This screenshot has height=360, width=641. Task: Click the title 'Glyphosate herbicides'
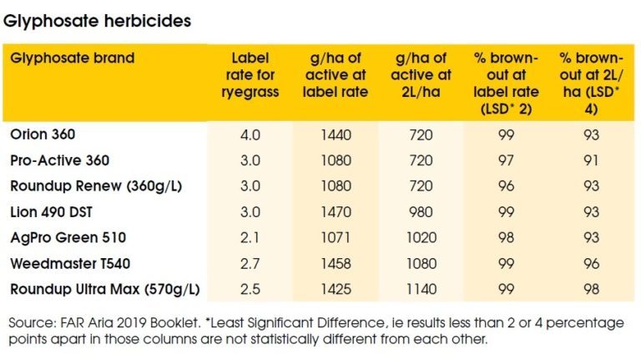pos(98,21)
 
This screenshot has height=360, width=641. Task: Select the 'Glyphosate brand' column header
pos(72,58)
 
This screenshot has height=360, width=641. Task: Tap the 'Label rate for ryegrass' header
pos(250,74)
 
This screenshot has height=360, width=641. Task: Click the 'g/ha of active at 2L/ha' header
pos(423,74)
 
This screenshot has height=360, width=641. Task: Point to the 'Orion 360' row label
pos(43,134)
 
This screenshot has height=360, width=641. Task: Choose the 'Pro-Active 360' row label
pos(59,160)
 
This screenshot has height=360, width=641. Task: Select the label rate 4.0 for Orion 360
pos(250,134)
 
